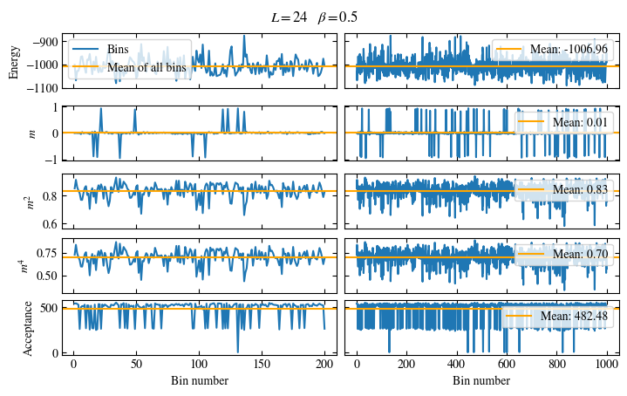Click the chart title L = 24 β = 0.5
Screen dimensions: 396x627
click(314, 17)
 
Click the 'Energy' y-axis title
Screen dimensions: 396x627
click(14, 63)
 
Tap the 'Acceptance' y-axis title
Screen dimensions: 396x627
click(28, 327)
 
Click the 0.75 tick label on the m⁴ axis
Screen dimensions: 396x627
click(47, 254)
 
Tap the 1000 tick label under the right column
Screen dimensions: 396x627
click(602, 366)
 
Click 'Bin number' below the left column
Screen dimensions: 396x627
click(201, 381)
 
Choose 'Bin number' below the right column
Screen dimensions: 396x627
click(481, 381)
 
